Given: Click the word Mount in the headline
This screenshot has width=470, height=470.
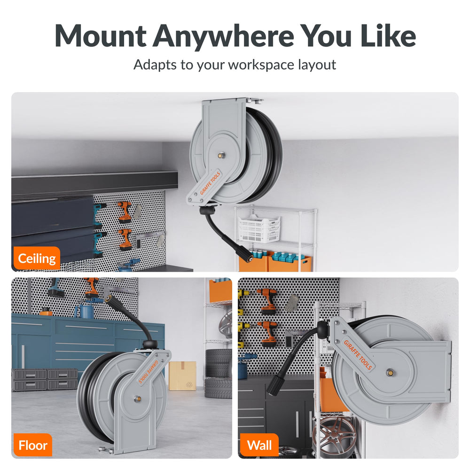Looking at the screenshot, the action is [x=101, y=36].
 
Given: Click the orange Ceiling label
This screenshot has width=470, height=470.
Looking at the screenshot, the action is [x=37, y=258].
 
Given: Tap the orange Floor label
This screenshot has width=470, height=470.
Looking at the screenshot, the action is [x=33, y=445].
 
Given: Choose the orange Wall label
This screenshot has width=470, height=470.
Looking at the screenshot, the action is [x=259, y=445].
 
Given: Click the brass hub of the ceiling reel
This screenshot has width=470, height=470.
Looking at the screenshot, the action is [x=221, y=155].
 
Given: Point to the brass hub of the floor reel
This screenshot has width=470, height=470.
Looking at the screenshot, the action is [x=137, y=399].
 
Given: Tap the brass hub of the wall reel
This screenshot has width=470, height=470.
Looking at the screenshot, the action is [x=390, y=373].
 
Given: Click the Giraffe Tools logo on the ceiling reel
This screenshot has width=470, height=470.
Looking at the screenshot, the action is [x=210, y=183].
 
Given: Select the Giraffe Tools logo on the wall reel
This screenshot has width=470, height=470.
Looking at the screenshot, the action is [x=358, y=355].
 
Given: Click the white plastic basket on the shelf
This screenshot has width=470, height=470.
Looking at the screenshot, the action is [x=259, y=229].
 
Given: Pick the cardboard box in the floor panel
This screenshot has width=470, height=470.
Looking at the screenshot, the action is [x=182, y=376].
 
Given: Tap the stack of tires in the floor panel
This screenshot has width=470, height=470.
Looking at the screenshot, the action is [x=218, y=374].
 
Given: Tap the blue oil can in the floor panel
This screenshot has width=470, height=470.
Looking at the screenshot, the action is [x=85, y=311].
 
